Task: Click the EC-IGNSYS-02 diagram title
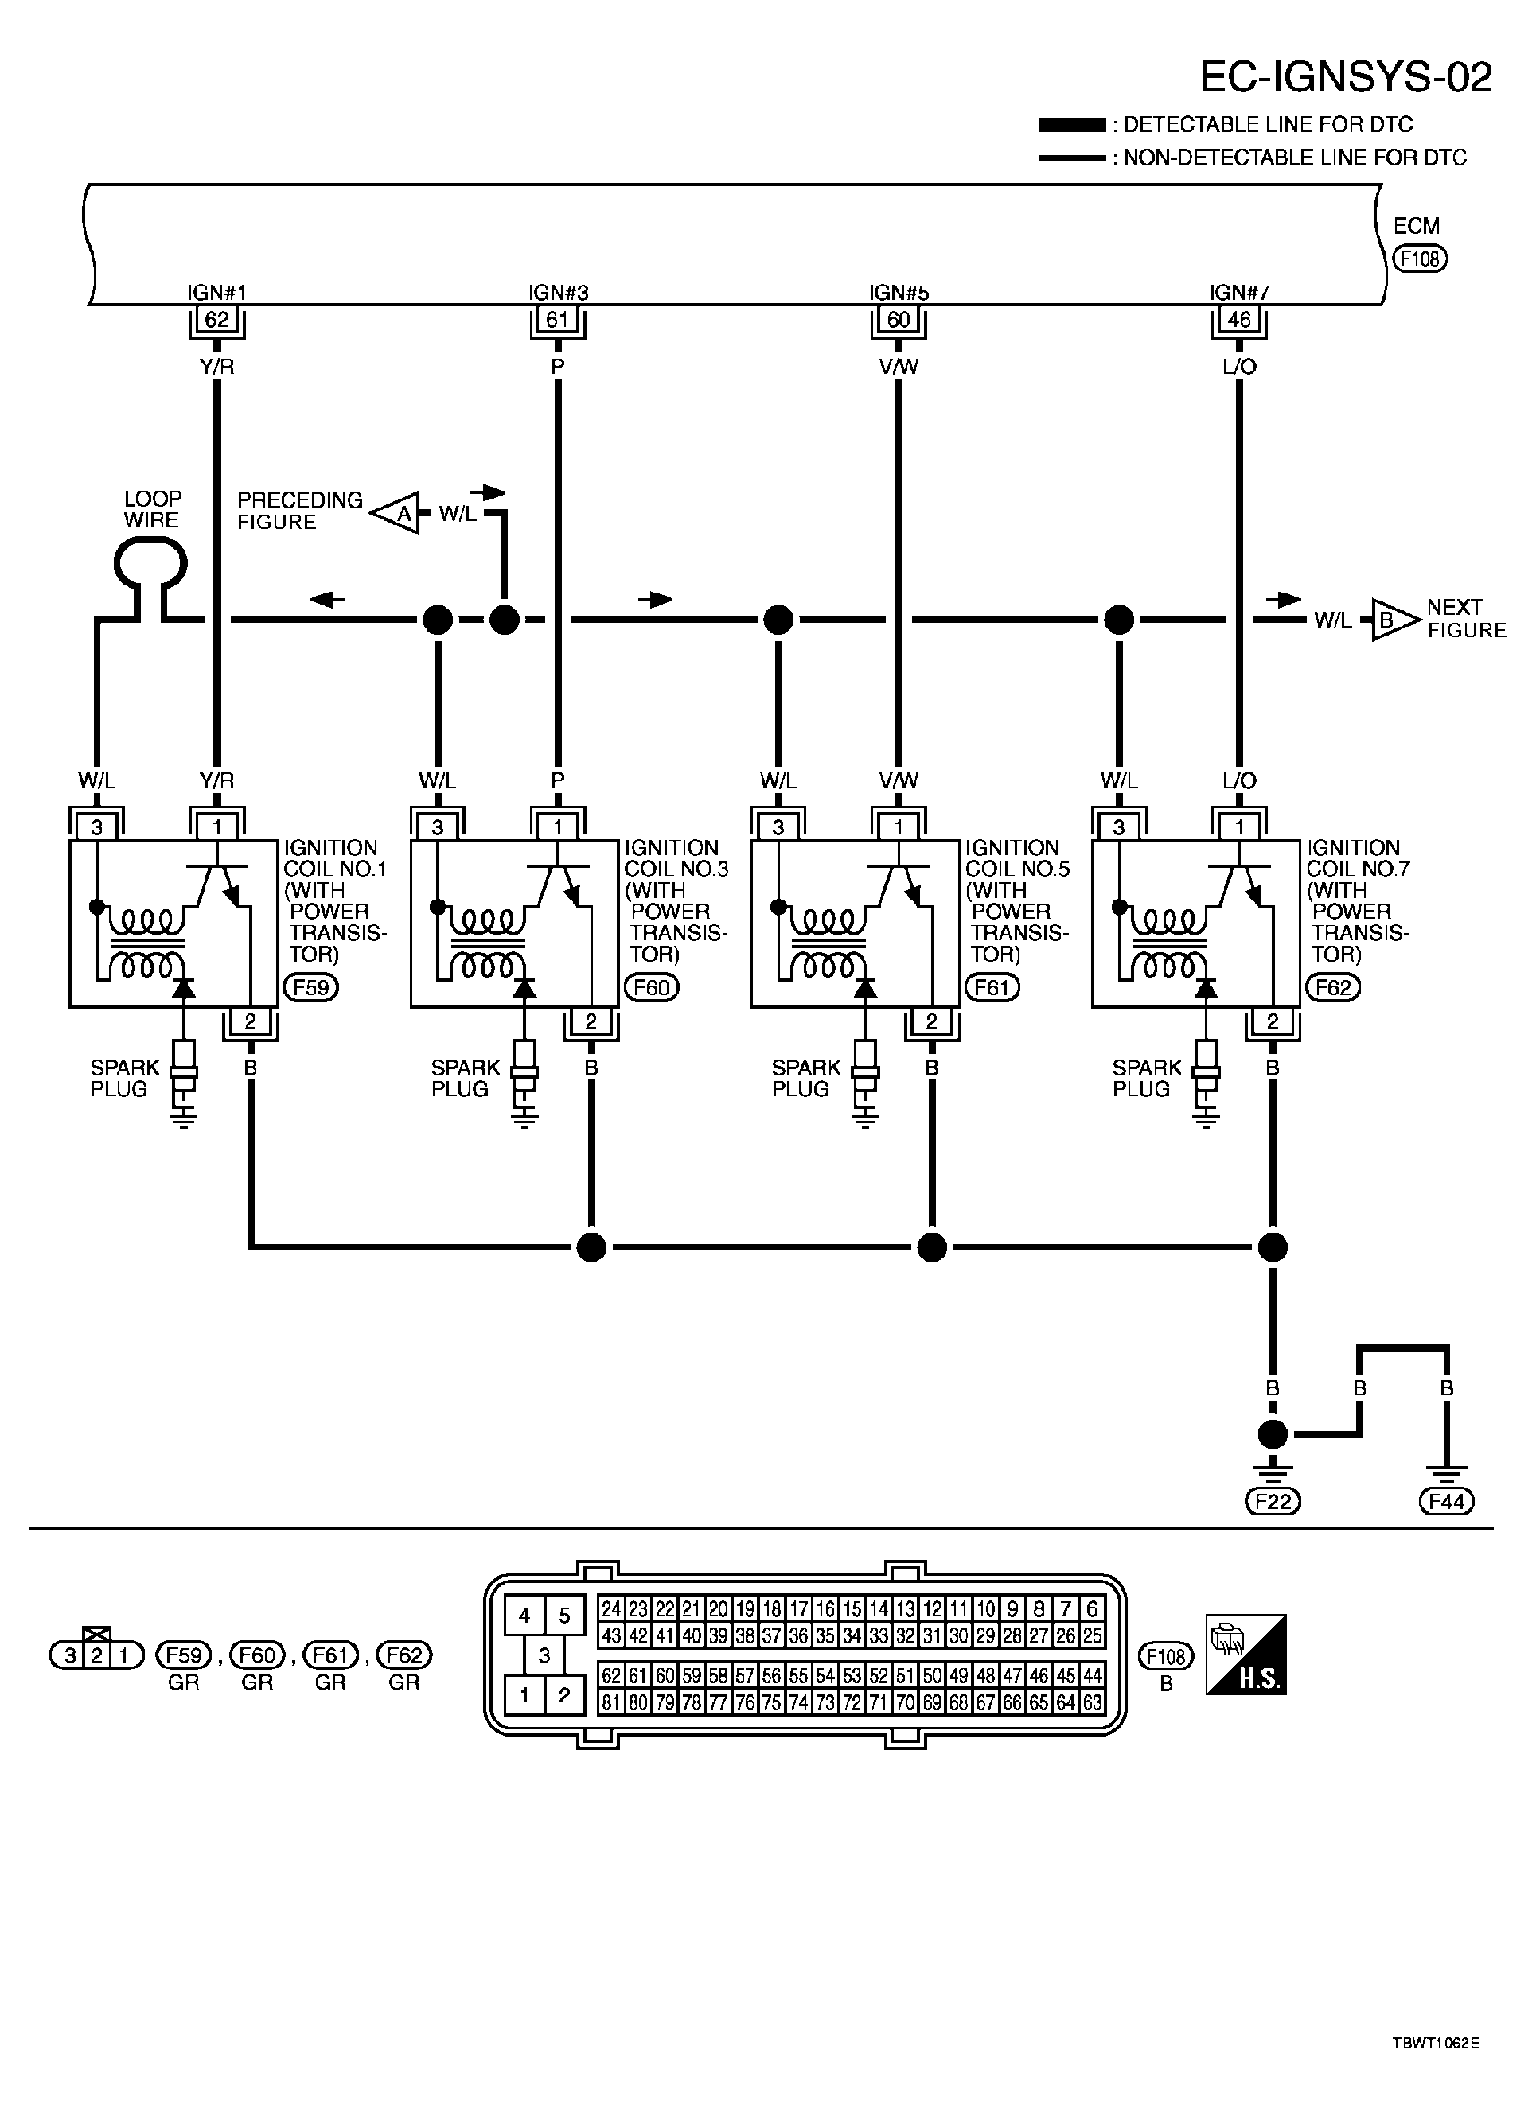point(1346,77)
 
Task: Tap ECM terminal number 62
point(216,320)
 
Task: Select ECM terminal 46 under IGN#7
point(1239,320)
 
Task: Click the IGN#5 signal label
point(899,292)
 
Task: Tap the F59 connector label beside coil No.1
point(310,987)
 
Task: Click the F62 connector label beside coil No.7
point(1333,987)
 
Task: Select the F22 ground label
point(1273,1500)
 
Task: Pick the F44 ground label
point(1447,1500)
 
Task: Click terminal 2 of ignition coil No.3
point(591,1021)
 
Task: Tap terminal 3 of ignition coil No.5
point(778,826)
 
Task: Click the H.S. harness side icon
point(1246,1655)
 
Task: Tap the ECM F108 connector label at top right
point(1420,259)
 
